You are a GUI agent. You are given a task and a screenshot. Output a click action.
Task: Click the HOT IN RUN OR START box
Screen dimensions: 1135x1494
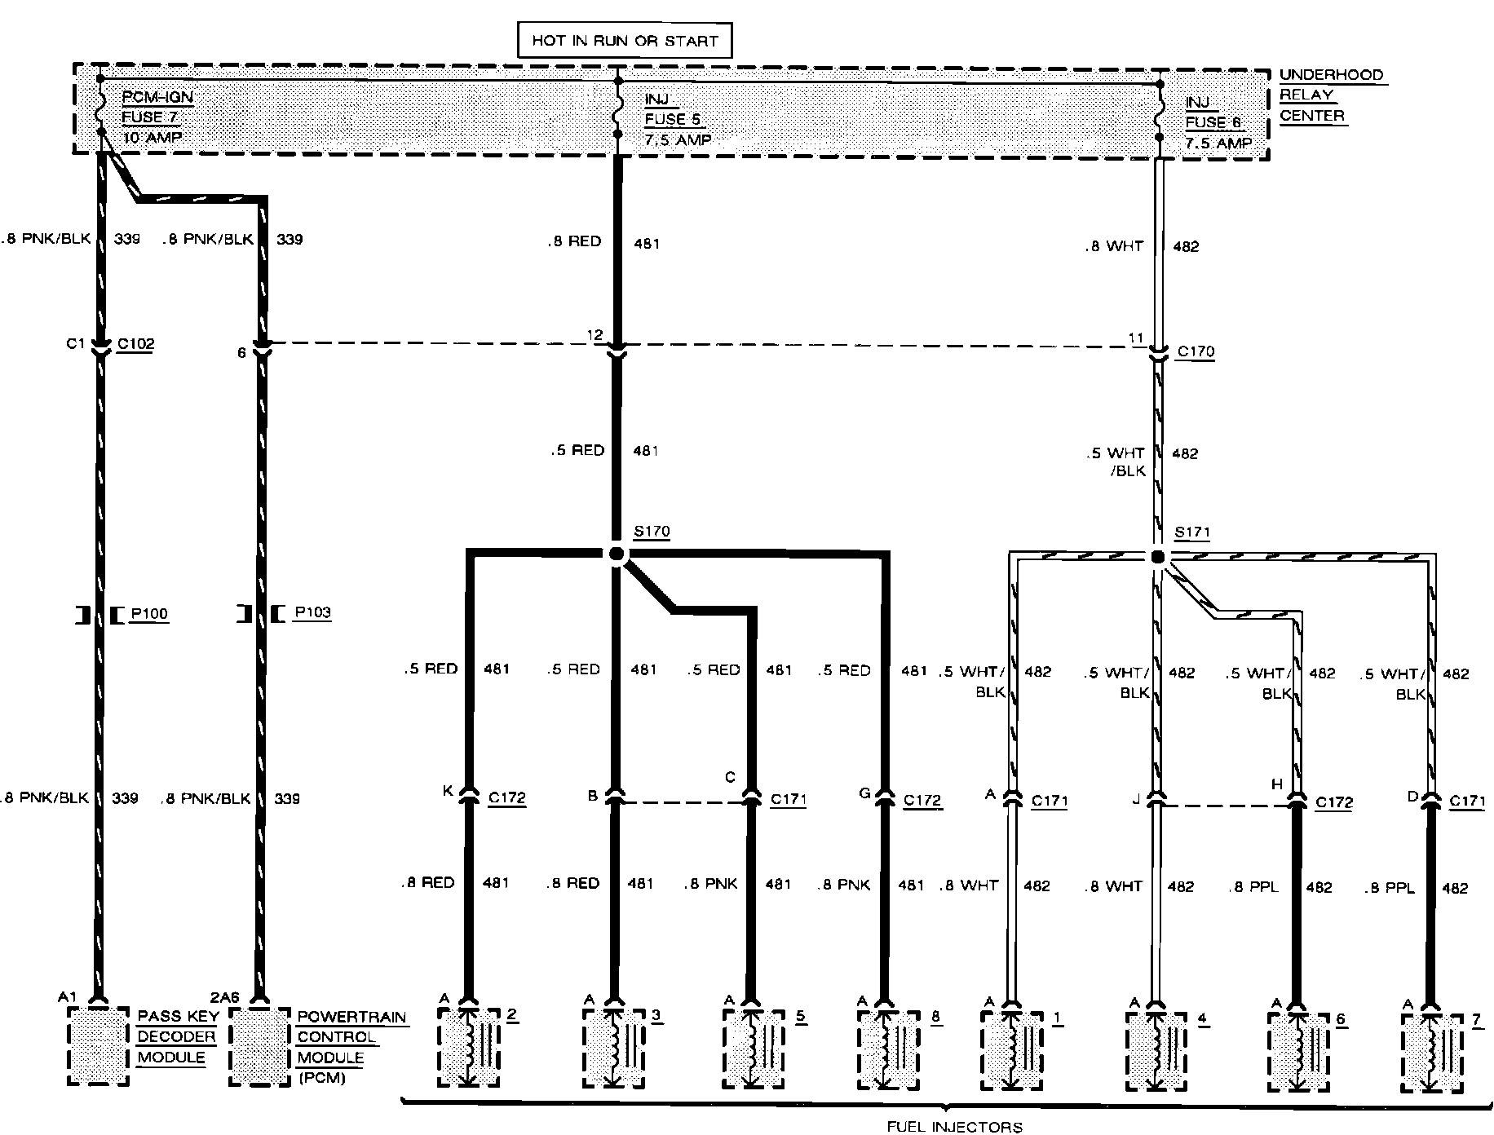coord(625,40)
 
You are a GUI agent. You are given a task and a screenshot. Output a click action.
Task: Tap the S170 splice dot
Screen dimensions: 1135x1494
coord(617,554)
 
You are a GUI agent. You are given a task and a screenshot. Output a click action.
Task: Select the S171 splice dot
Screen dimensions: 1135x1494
coord(1157,557)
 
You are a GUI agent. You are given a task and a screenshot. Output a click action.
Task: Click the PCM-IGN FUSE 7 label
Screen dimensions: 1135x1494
coord(157,117)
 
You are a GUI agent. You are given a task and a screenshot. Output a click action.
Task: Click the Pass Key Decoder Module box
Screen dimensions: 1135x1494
coord(98,1046)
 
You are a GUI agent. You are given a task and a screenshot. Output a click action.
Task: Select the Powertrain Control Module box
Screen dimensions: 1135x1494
coord(259,1047)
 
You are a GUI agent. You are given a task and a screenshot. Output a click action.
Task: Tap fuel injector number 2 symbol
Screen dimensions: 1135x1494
coord(468,1048)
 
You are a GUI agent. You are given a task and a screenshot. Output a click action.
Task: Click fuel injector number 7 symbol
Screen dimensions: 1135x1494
coord(1431,1052)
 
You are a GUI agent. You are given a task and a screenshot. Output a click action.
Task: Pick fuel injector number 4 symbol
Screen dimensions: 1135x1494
coord(1156,1052)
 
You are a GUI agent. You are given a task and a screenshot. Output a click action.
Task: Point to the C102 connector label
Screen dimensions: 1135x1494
coord(135,344)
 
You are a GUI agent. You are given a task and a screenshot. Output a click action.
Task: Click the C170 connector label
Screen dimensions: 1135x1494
coord(1196,352)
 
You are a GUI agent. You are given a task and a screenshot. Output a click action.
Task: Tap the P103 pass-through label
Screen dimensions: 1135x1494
coord(312,612)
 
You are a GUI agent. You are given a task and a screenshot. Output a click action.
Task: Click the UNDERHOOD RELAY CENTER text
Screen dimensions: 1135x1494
coord(1331,95)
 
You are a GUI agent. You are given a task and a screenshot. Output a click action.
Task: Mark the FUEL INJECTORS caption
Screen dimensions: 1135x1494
coord(954,1127)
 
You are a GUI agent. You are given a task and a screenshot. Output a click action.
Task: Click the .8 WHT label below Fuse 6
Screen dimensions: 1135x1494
coord(1114,246)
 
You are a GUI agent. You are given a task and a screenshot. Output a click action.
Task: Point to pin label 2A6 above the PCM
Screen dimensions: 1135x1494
coord(225,997)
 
